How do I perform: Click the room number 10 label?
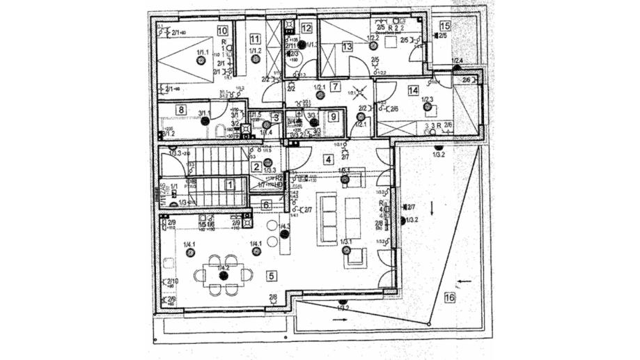(x=222, y=30)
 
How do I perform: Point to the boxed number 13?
(x=347, y=47)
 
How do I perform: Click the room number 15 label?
(x=445, y=26)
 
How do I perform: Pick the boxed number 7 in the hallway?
(x=335, y=87)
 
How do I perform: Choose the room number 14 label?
(x=413, y=90)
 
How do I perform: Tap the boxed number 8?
(x=181, y=109)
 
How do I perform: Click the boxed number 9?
(x=334, y=116)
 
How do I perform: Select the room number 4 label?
(x=327, y=158)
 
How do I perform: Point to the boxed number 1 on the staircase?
(x=230, y=185)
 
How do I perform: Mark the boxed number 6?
(x=266, y=205)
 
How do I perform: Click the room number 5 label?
(x=271, y=276)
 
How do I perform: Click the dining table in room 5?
(x=224, y=274)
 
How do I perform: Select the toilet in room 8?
(x=220, y=130)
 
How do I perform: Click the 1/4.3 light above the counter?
(x=285, y=234)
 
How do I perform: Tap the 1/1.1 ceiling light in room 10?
(x=201, y=61)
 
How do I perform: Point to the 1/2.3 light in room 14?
(x=426, y=107)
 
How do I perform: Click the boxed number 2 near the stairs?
(x=256, y=166)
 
